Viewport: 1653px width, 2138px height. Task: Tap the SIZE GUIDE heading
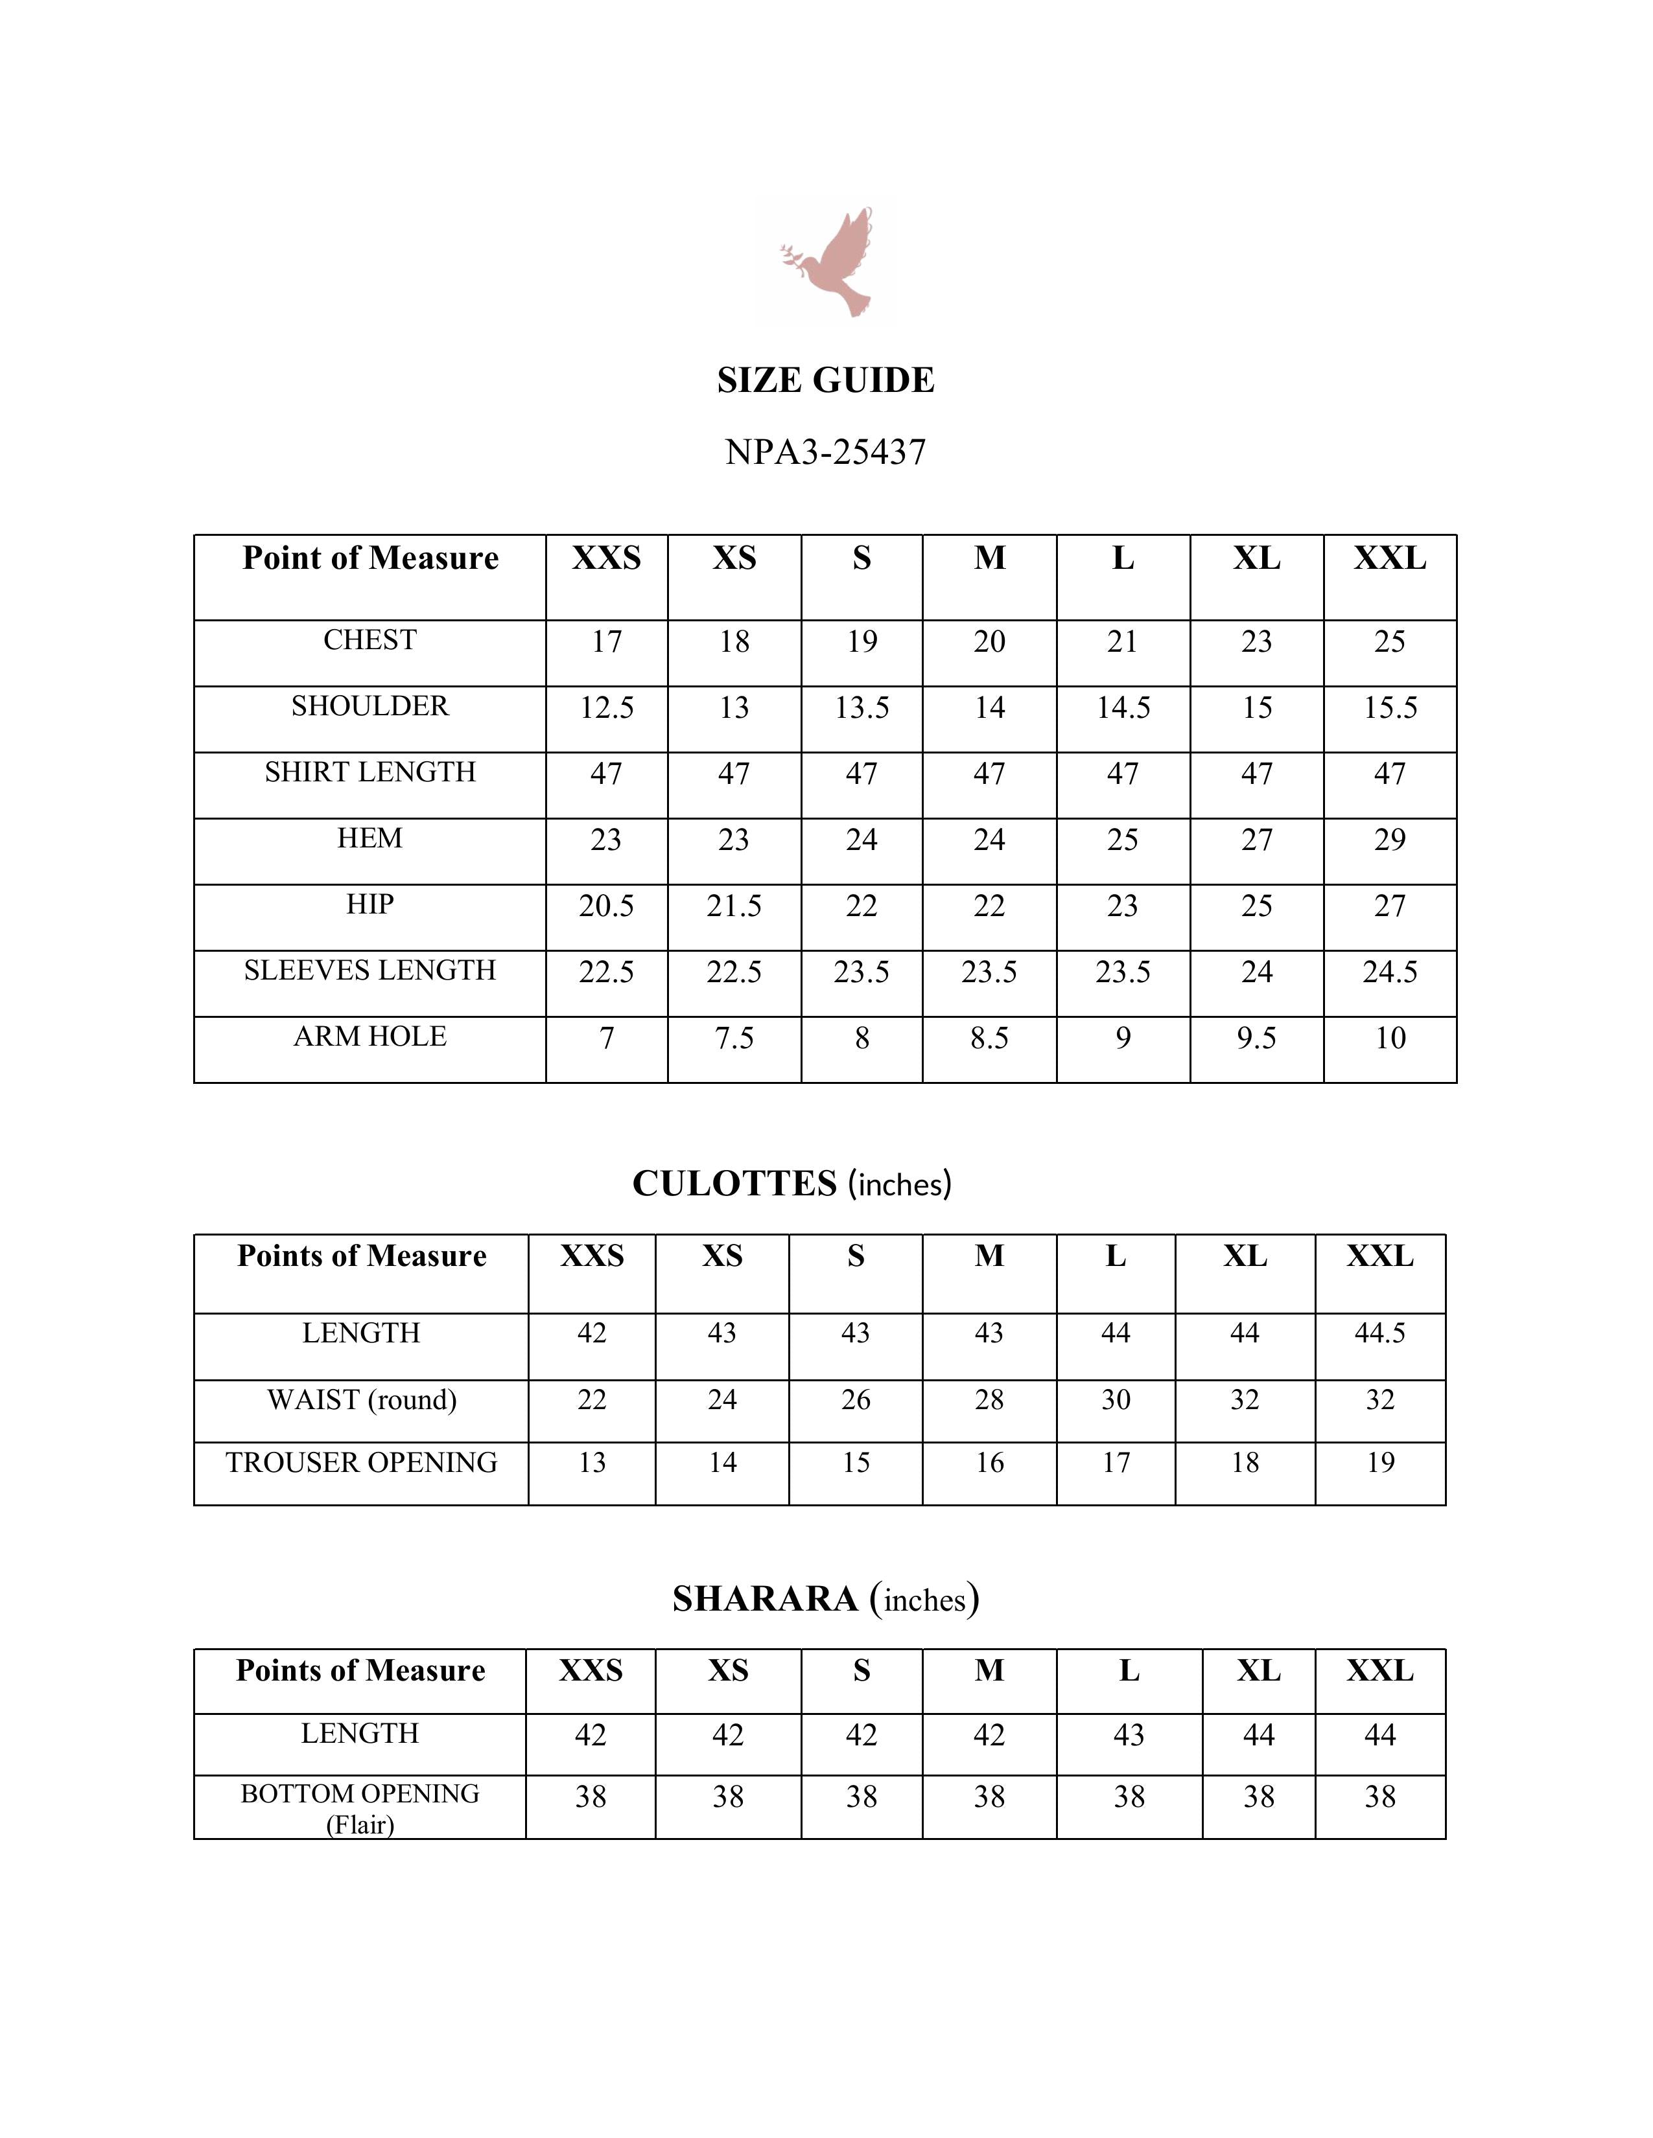[x=825, y=380]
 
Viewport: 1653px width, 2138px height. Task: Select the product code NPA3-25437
[x=825, y=452]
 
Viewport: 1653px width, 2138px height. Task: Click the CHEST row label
[x=369, y=640]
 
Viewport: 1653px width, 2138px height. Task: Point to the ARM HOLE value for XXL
[x=1390, y=1038]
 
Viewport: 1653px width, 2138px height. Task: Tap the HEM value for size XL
[x=1256, y=840]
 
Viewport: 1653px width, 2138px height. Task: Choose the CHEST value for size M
[x=989, y=642]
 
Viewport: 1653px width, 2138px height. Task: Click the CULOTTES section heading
[x=791, y=1184]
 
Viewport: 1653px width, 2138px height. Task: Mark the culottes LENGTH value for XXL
[x=1380, y=1333]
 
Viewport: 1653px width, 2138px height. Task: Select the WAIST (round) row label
[x=361, y=1400]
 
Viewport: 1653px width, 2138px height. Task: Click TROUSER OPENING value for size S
[x=855, y=1462]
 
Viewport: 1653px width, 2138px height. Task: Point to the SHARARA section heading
[x=825, y=1598]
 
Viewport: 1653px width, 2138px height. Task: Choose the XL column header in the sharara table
[x=1258, y=1670]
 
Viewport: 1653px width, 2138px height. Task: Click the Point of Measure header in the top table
[x=369, y=558]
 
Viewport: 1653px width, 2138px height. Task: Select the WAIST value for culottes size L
[x=1116, y=1400]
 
